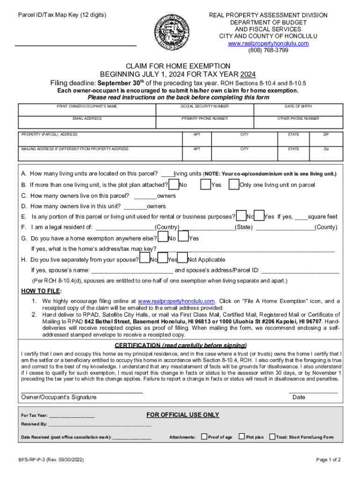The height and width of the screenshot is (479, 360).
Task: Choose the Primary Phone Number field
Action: click(x=205, y=124)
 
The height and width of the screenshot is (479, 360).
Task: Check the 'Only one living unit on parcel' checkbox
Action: click(x=233, y=185)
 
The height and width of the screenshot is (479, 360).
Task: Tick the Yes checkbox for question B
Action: click(x=205, y=185)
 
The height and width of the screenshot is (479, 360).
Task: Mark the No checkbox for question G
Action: click(x=162, y=238)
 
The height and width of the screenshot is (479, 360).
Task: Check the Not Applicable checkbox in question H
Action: click(x=183, y=259)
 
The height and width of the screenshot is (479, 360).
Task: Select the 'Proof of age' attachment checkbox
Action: click(x=204, y=437)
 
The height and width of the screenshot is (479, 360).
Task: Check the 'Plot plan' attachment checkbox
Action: click(x=242, y=437)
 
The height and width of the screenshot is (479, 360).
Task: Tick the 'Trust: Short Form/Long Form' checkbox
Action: click(x=272, y=437)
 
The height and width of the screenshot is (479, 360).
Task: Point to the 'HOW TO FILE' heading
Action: click(x=41, y=291)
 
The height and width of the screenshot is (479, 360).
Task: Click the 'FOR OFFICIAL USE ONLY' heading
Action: click(x=182, y=415)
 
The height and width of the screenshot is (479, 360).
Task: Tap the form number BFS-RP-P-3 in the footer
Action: click(x=52, y=460)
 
